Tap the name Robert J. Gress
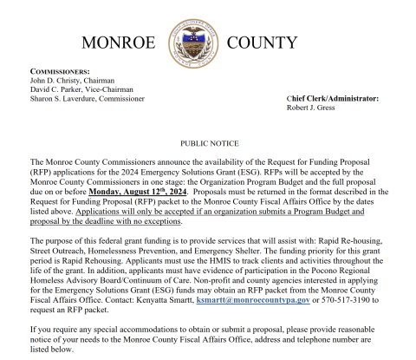coord(312,108)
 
